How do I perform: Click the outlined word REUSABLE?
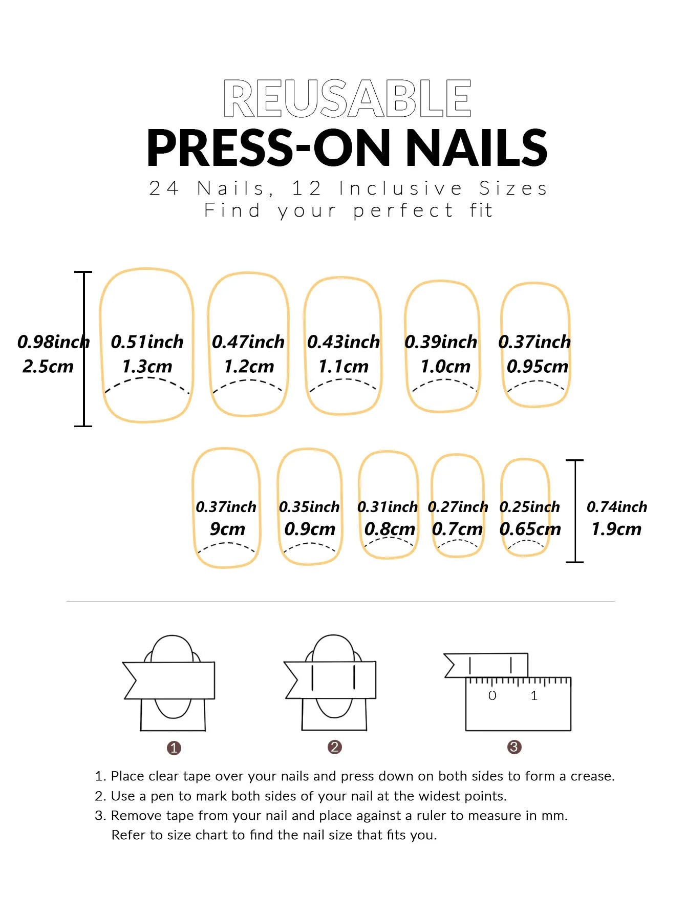point(347,98)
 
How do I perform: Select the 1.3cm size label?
point(147,367)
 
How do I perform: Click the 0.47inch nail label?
point(248,342)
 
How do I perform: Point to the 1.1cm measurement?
point(344,367)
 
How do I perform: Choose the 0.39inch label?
point(441,342)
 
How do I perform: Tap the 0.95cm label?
point(538,367)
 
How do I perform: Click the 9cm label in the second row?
point(227,529)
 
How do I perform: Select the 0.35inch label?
point(309,507)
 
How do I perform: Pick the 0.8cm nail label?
point(390,529)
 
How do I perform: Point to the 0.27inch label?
point(458,507)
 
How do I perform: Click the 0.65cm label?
point(530,529)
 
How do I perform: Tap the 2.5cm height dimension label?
point(48,367)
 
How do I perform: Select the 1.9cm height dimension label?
point(616,529)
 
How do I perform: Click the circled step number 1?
point(174,748)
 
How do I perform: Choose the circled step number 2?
point(335,747)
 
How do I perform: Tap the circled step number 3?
point(514,747)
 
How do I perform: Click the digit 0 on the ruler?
point(492,695)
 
